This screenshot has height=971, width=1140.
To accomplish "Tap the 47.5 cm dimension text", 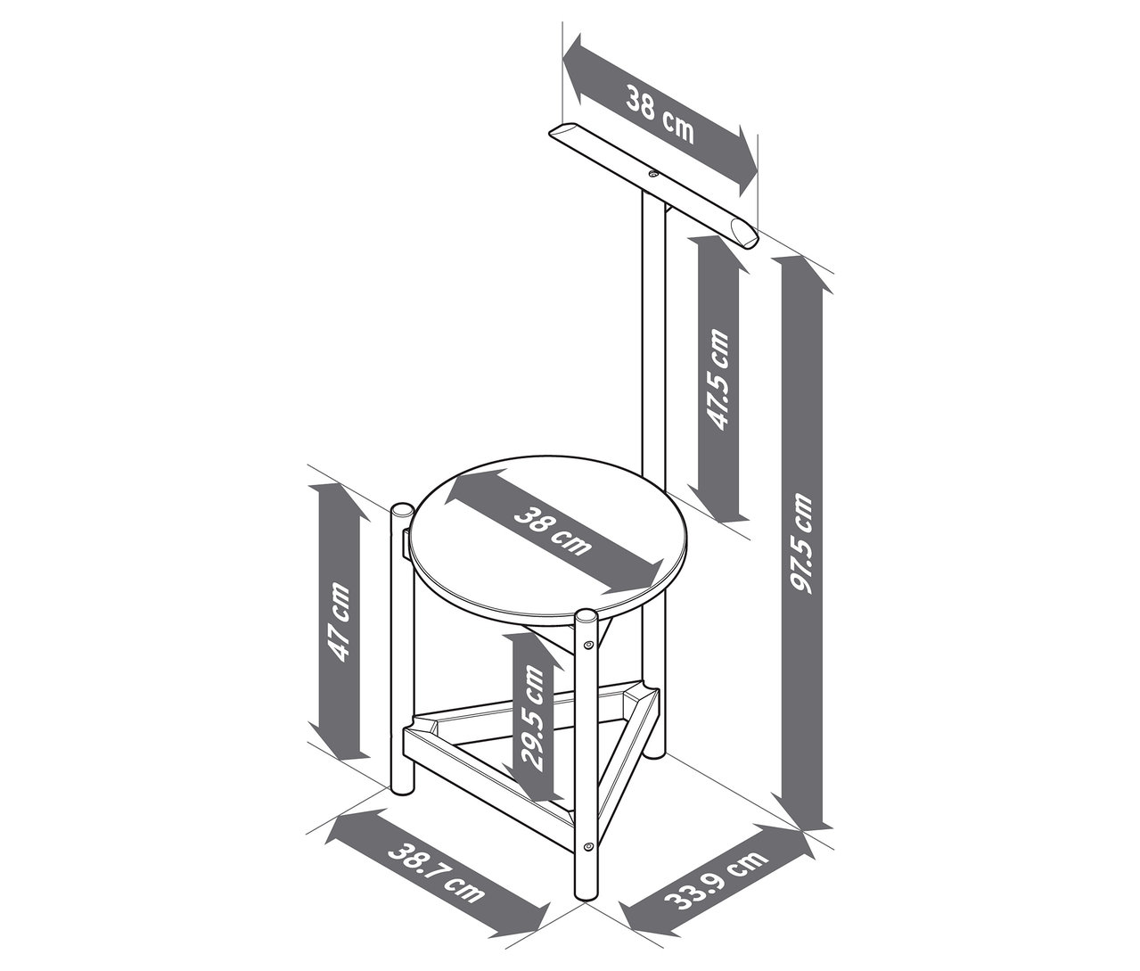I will tap(718, 380).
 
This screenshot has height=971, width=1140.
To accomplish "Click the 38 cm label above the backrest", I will tap(659, 112).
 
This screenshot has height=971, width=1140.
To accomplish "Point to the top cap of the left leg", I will tap(402, 511).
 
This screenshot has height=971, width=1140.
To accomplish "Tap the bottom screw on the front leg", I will tap(587, 845).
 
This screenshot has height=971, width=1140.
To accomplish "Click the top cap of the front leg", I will tap(586, 616).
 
